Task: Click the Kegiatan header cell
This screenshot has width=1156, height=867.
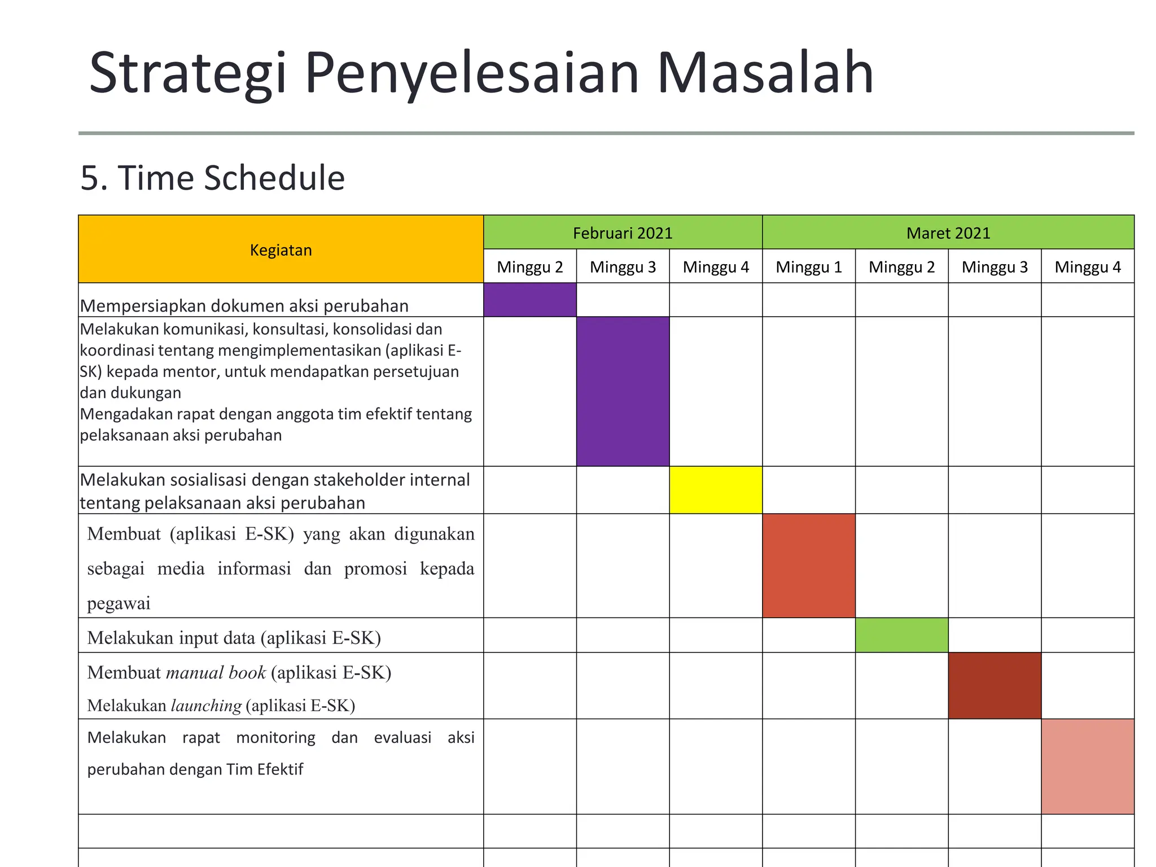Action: pos(281,249)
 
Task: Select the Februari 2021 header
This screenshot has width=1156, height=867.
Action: pos(623,233)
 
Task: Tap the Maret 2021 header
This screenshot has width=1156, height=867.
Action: pos(948,233)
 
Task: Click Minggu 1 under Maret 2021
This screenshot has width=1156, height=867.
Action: pos(808,266)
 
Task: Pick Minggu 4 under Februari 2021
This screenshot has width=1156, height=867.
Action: pos(715,266)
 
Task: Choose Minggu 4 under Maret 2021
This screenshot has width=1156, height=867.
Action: pos(1087,266)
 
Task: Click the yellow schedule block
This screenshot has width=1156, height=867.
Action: pos(715,489)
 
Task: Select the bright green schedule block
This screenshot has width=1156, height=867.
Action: pos(901,635)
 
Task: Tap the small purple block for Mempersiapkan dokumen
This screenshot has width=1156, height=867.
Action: pos(529,299)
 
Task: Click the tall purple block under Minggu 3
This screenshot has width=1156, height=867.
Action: pos(623,391)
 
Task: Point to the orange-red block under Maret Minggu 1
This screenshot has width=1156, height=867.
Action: pos(808,565)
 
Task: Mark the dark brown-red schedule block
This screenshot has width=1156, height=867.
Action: pos(995,685)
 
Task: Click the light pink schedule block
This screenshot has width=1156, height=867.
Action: pos(1087,766)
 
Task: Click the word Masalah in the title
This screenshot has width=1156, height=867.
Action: pos(765,73)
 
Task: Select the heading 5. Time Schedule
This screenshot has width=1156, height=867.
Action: pos(212,178)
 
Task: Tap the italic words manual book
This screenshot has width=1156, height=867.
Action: pos(216,673)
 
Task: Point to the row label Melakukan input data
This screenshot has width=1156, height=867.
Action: pos(234,638)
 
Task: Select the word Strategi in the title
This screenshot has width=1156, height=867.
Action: pos(188,73)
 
